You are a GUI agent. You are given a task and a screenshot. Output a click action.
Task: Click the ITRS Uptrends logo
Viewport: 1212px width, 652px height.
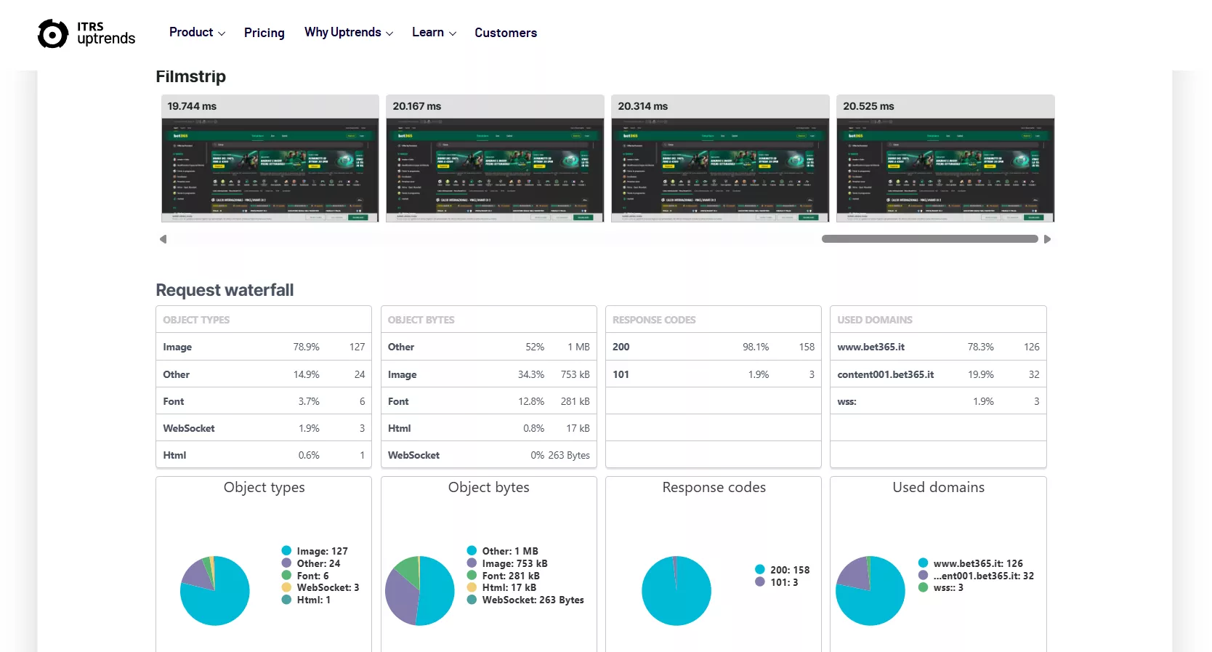[x=86, y=33]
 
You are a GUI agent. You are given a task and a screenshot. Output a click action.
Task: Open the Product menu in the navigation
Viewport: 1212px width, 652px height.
[x=196, y=33]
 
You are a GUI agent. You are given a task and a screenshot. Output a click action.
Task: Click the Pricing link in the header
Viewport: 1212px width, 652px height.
[x=264, y=33]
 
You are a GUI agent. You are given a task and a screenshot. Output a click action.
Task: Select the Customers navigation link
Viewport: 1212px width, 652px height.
[x=505, y=33]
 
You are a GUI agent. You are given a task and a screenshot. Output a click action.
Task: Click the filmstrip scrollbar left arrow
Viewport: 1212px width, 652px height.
[x=163, y=239]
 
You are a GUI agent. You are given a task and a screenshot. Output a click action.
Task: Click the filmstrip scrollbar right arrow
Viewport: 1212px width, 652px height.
[x=1047, y=239]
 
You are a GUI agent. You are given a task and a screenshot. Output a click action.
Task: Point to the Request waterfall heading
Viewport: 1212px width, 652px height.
[x=225, y=290]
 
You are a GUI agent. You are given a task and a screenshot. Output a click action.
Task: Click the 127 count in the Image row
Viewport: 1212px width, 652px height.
[x=357, y=347]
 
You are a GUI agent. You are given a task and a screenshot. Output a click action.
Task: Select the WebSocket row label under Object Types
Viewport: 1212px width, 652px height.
[x=189, y=429]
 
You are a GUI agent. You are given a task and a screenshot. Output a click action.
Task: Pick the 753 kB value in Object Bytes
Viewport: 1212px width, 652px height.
[x=575, y=375]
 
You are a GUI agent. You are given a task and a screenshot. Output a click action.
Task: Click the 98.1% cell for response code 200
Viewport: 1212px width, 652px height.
[x=755, y=347]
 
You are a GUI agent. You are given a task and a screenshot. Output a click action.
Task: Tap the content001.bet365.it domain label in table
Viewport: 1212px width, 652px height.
[x=885, y=375]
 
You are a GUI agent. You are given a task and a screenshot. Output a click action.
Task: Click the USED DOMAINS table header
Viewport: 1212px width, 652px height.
[x=874, y=320]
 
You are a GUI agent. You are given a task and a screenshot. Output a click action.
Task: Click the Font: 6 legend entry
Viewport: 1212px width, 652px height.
[x=312, y=576]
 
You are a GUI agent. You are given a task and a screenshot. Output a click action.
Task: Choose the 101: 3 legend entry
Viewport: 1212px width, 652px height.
[x=783, y=582]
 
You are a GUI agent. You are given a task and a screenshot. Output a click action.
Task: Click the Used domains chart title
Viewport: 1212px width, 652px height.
[x=938, y=488]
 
